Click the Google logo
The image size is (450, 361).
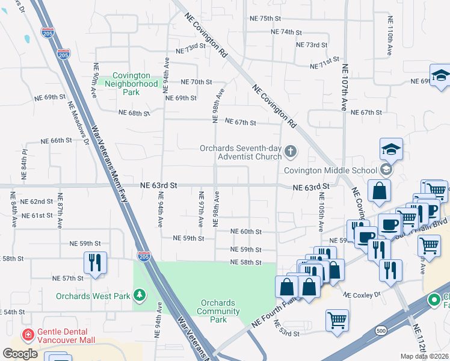tap(20, 354)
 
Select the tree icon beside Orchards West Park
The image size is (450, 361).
tap(140, 295)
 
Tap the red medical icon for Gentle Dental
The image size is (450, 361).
tap(27, 335)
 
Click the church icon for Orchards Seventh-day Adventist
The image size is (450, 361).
tap(291, 152)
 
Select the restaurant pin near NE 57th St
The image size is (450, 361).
tap(96, 263)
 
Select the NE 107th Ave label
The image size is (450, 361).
tap(344, 88)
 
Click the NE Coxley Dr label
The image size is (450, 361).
tap(362, 295)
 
